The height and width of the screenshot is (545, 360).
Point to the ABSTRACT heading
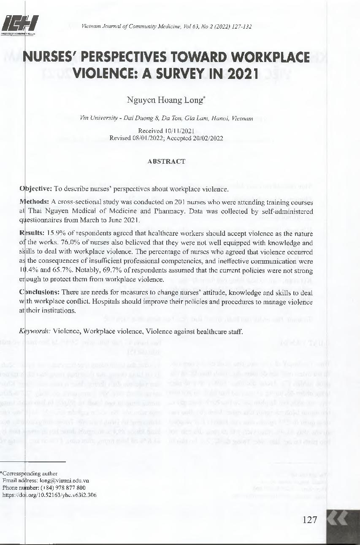pyautogui.click(x=166, y=161)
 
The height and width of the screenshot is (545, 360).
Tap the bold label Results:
pyautogui.click(x=33, y=233)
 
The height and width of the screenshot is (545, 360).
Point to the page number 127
pyautogui.click(x=310, y=520)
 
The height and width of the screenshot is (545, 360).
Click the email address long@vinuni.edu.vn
pyautogui.click(x=64, y=480)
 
